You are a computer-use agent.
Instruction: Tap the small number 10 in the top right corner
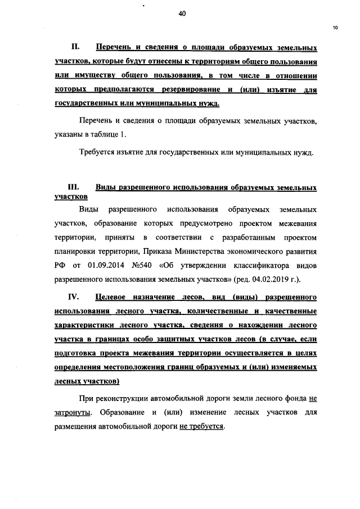pyautogui.click(x=335, y=28)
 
